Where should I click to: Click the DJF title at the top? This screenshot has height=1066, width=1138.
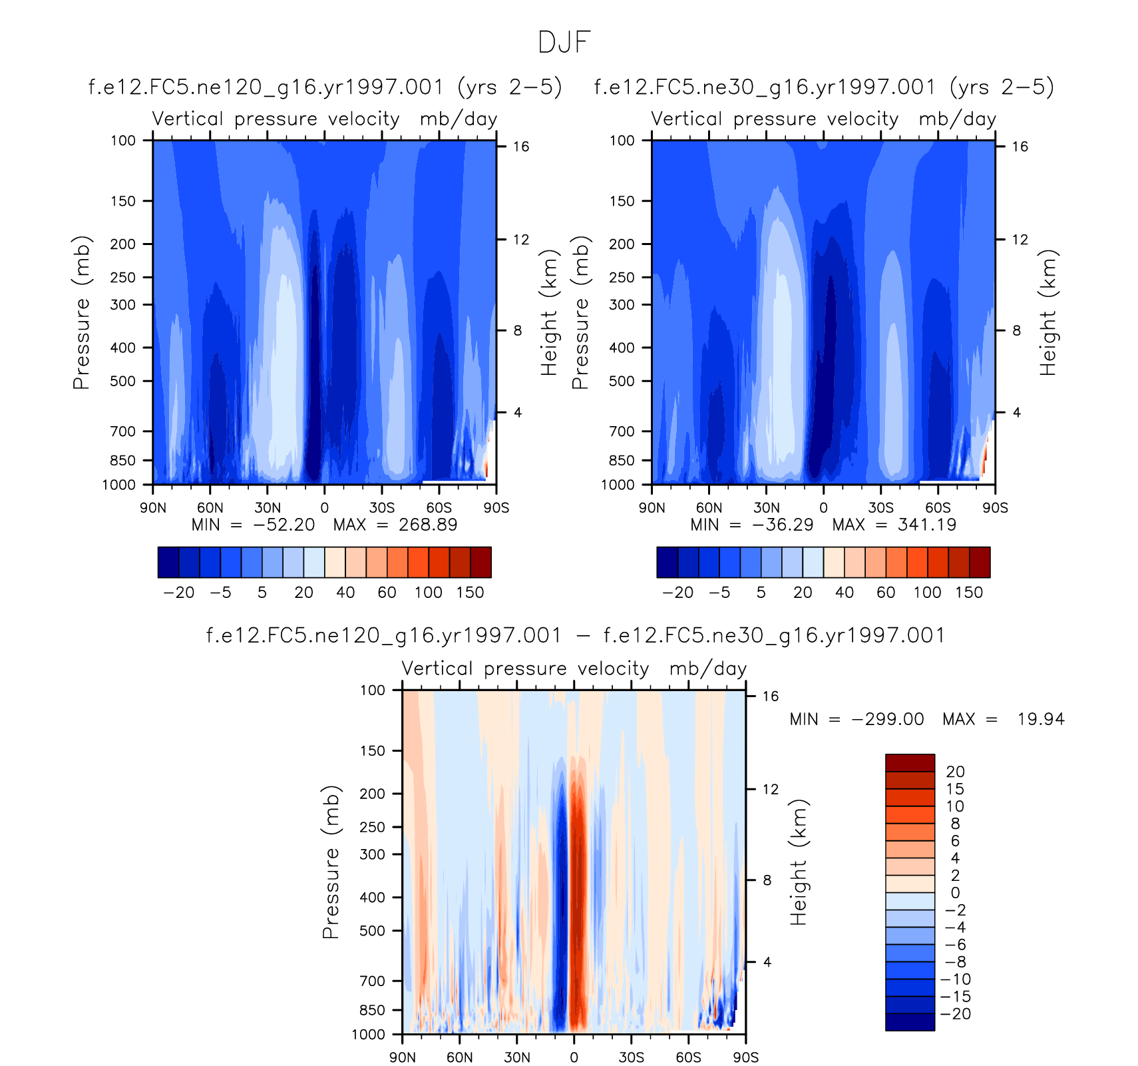click(x=564, y=43)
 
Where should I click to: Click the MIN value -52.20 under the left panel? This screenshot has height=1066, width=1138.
click(x=284, y=525)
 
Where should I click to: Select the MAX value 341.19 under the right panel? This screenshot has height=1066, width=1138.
click(x=927, y=525)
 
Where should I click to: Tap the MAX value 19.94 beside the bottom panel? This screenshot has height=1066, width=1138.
click(x=1041, y=719)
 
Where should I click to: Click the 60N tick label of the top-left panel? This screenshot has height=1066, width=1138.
click(x=210, y=508)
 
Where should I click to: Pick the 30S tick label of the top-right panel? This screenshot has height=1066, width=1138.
click(x=881, y=508)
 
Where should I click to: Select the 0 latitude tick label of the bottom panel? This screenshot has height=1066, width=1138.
click(x=574, y=1057)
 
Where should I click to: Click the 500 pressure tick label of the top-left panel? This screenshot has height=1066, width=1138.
click(x=122, y=382)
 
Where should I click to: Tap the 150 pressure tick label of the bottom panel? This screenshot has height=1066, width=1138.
click(x=372, y=751)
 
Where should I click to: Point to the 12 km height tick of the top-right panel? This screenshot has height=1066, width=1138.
click(x=1020, y=240)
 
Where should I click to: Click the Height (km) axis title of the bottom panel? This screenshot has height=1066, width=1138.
click(x=798, y=862)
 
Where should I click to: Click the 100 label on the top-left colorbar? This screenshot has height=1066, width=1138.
click(x=429, y=593)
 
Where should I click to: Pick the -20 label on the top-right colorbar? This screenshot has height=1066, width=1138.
click(x=678, y=593)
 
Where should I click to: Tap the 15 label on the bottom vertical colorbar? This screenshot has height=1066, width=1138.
click(x=955, y=789)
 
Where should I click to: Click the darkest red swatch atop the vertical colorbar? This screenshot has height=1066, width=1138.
click(x=910, y=763)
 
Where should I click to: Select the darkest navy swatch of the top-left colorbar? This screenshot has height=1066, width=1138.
click(x=168, y=562)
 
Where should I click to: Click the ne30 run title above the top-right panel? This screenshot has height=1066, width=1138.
click(x=824, y=87)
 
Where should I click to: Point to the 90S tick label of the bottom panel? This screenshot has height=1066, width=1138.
click(x=746, y=1057)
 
